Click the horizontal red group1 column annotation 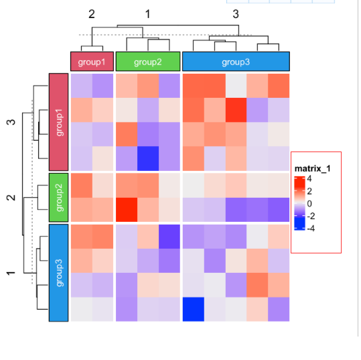point(92,62)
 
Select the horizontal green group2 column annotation point(148,62)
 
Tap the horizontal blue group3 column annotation point(236,62)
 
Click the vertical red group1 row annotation point(60,121)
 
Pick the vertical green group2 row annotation point(60,197)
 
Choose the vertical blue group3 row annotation point(60,273)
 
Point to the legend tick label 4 point(309,179)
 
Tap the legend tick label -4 point(311,227)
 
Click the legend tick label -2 point(311,215)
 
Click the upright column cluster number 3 point(236,13)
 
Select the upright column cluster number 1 point(147,13)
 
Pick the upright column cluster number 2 point(92,13)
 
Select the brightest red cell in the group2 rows point(127,210)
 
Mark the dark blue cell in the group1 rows point(148,158)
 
